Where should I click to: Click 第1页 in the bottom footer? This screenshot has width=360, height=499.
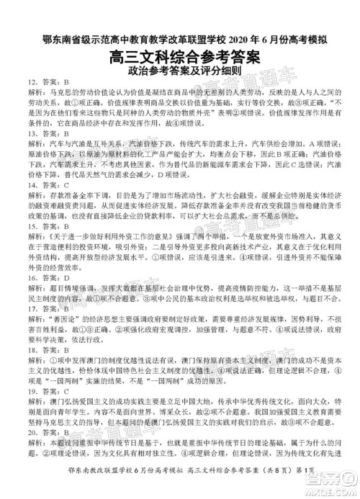pos(318,489)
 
